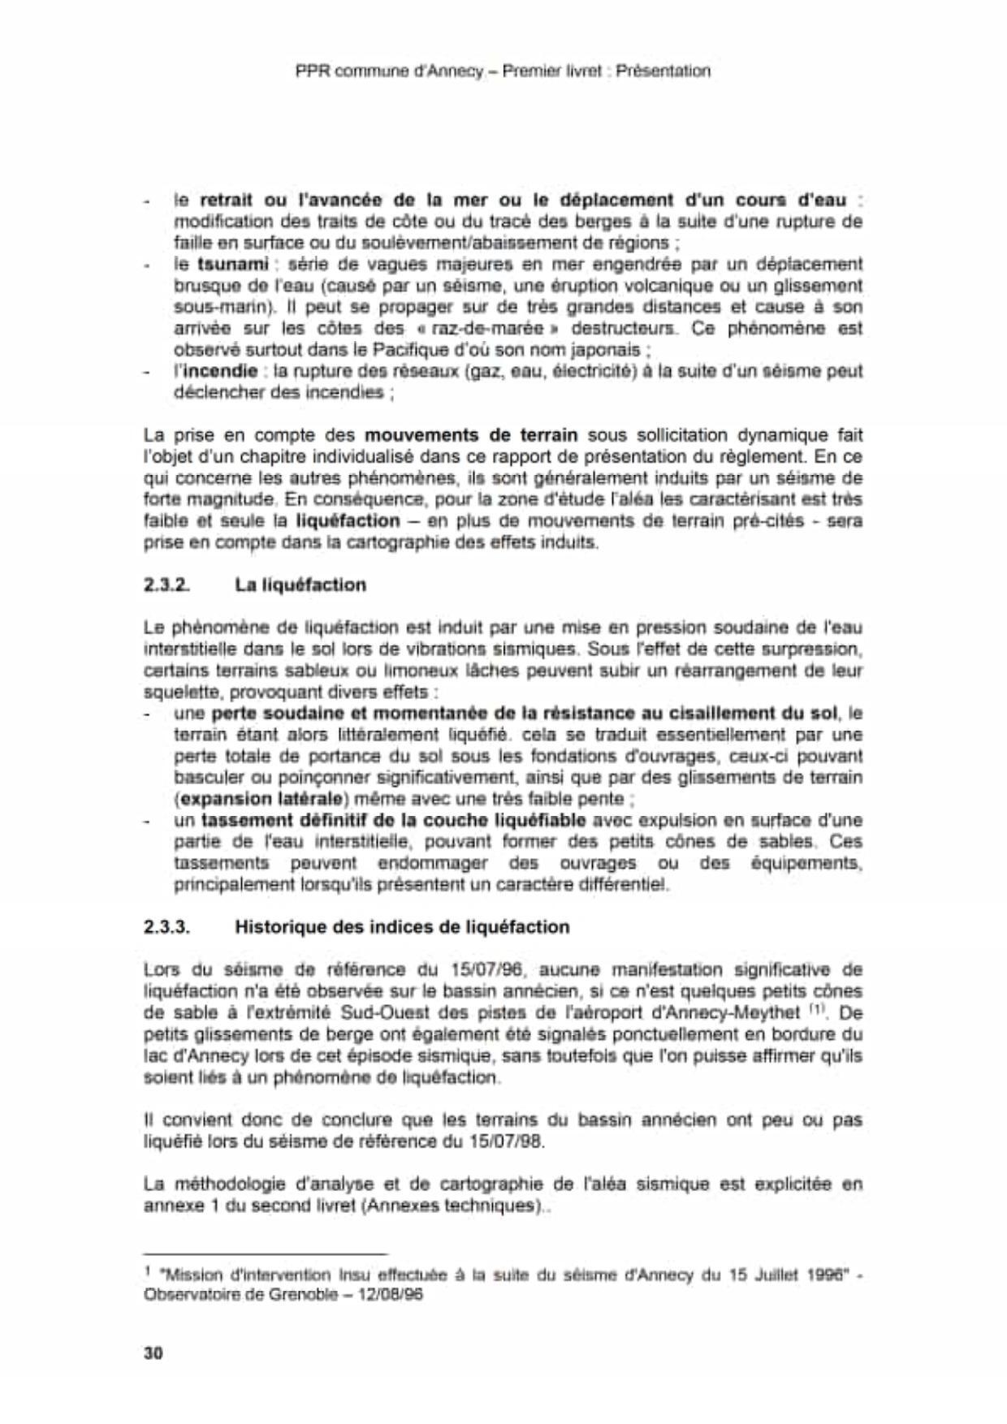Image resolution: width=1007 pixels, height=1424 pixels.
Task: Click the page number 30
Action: pos(153,1353)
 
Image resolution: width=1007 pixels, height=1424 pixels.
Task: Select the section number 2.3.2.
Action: pos(166,585)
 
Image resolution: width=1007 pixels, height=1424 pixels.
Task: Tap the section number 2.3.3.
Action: pos(167,926)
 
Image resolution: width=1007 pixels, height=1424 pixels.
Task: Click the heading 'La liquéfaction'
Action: pos(300,585)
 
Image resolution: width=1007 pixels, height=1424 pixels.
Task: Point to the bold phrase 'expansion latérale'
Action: pos(253,799)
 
